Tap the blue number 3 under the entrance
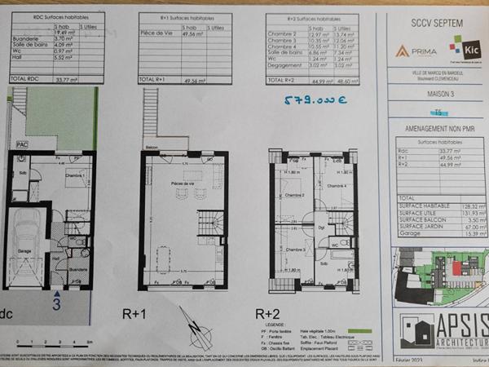point(56,304)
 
